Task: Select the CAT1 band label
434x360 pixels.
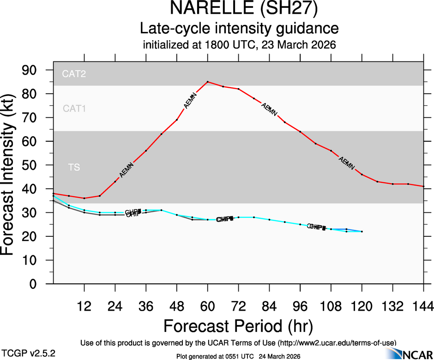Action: (x=74, y=108)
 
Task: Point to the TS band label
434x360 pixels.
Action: (x=74, y=168)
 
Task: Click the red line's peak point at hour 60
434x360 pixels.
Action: (x=208, y=82)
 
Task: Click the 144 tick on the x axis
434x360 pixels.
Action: (x=423, y=306)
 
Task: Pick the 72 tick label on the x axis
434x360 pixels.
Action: (x=238, y=306)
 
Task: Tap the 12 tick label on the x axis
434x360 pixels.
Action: (x=84, y=306)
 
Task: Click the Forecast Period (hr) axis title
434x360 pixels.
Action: (x=238, y=326)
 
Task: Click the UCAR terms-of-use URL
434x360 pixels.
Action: (x=337, y=343)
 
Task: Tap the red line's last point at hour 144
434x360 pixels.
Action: (x=423, y=186)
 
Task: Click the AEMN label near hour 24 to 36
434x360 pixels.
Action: (x=126, y=170)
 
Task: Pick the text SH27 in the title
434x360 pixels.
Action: (x=286, y=9)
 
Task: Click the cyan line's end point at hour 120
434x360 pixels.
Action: (x=362, y=232)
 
